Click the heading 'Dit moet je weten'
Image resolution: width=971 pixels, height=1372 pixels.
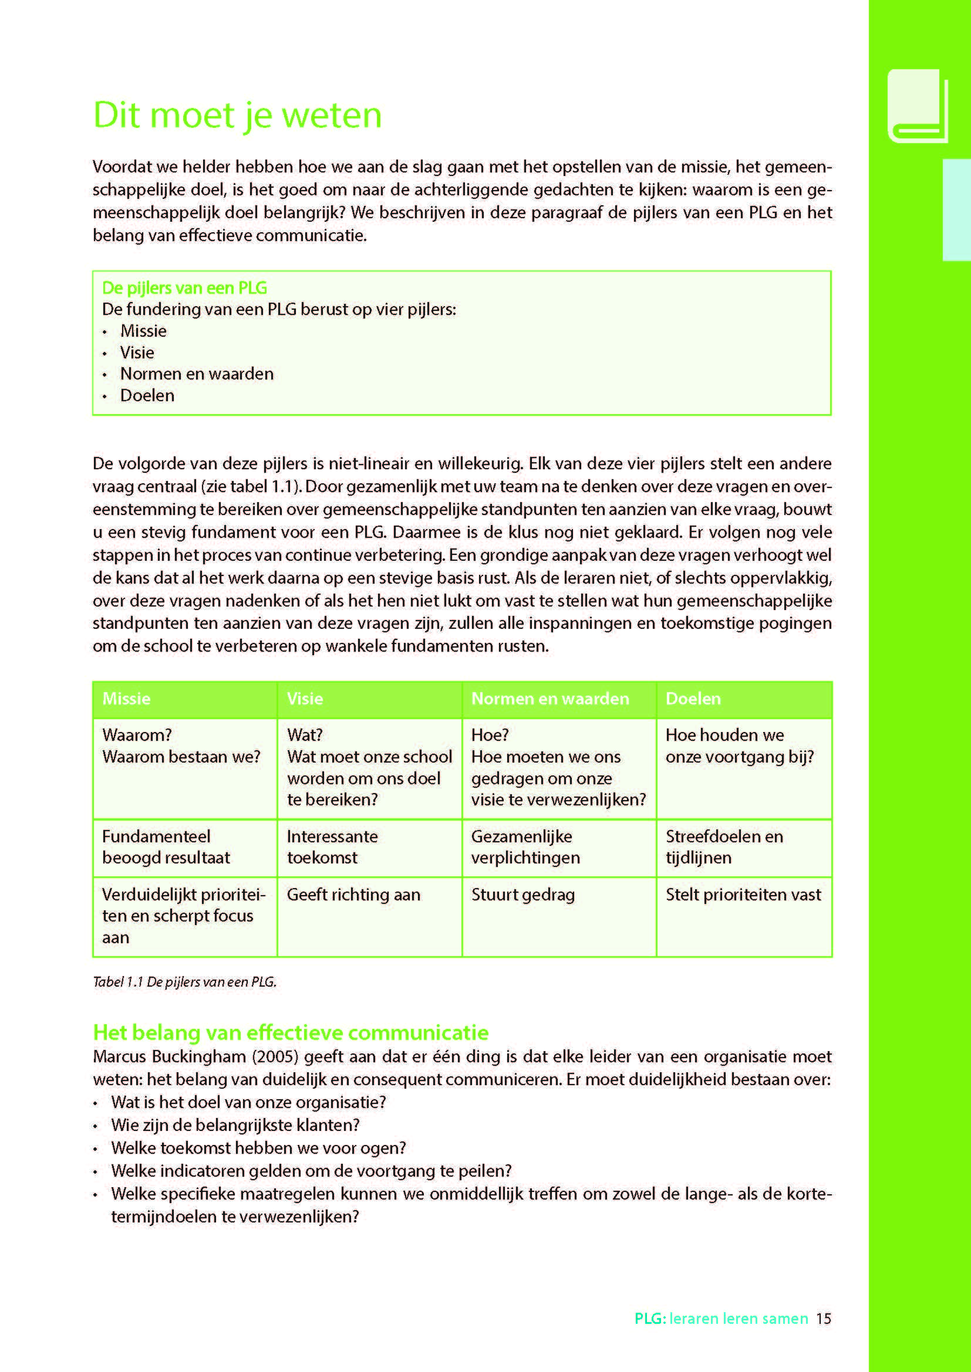point(237,115)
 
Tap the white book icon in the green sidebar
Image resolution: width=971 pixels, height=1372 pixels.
point(917,106)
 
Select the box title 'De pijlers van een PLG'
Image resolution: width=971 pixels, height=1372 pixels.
point(184,288)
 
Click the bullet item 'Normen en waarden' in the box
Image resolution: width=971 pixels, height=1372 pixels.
point(197,374)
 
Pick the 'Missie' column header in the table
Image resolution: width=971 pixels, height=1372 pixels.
point(126,699)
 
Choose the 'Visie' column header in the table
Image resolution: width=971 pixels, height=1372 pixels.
point(305,699)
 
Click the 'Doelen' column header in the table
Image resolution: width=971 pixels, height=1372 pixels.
point(693,699)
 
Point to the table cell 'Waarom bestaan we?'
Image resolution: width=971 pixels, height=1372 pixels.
point(181,757)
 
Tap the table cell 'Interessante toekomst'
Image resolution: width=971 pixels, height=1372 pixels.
point(332,847)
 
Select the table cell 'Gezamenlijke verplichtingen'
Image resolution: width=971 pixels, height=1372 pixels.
point(525,847)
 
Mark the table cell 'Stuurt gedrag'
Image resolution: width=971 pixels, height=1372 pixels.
point(522,895)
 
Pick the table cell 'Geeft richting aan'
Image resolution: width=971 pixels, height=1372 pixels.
point(353,895)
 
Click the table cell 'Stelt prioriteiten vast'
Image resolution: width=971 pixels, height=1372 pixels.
point(743,895)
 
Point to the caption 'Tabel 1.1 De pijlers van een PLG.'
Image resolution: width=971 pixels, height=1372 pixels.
point(185,982)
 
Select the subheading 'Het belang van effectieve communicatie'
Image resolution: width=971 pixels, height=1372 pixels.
point(291,1032)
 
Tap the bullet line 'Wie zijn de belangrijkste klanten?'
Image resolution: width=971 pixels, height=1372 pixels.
point(235,1125)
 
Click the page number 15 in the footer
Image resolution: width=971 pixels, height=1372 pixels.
point(823,1318)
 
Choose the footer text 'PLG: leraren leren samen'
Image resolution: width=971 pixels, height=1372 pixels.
point(720,1318)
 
